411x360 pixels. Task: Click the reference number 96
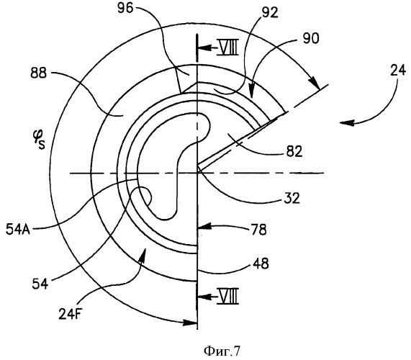125,9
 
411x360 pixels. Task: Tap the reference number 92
270,13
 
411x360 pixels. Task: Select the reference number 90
311,39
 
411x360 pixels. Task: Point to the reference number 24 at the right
398,71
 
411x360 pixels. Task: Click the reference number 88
39,73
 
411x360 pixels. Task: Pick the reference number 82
294,151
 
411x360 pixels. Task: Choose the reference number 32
292,198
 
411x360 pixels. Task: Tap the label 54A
18,230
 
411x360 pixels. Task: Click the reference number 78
258,230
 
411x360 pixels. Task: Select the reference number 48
261,264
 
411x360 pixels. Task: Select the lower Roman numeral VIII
227,296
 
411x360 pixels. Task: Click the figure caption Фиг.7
222,351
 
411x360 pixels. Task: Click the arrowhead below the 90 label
252,92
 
